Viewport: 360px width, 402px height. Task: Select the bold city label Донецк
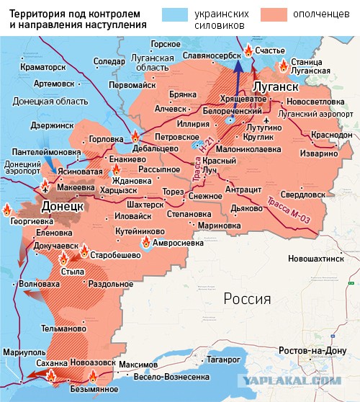[63, 205]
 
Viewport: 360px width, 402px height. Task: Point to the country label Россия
[246, 299]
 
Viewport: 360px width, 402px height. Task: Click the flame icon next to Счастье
[248, 50]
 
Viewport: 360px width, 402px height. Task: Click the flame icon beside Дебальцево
[135, 136]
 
